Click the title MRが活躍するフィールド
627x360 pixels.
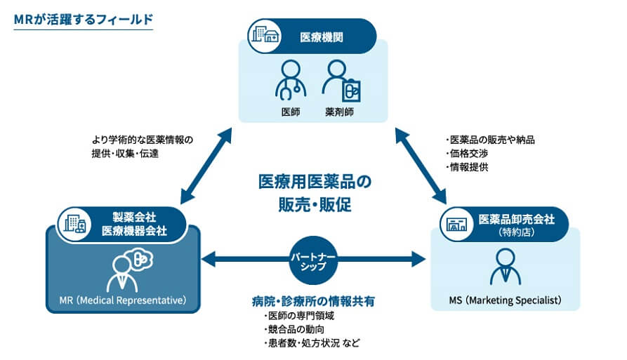coord(84,20)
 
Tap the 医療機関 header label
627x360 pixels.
coord(322,38)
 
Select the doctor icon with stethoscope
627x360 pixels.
coord(291,79)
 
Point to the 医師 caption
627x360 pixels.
coord(291,112)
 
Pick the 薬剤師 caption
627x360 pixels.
coord(340,112)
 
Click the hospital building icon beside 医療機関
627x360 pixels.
coord(265,36)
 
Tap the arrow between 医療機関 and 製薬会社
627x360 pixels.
coord(206,166)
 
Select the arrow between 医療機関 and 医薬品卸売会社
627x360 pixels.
coord(421,166)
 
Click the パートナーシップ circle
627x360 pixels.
coord(313,261)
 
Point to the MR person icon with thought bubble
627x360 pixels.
coord(129,270)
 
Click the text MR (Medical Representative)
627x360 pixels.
coord(123,300)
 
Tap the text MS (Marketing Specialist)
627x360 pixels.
coord(505,300)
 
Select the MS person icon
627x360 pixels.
coord(506,267)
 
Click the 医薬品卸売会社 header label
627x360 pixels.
coord(516,220)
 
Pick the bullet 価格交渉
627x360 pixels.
coord(467,154)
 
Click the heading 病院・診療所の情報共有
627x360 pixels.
coord(313,301)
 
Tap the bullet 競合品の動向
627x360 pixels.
coord(294,329)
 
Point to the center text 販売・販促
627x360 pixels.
coord(315,205)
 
